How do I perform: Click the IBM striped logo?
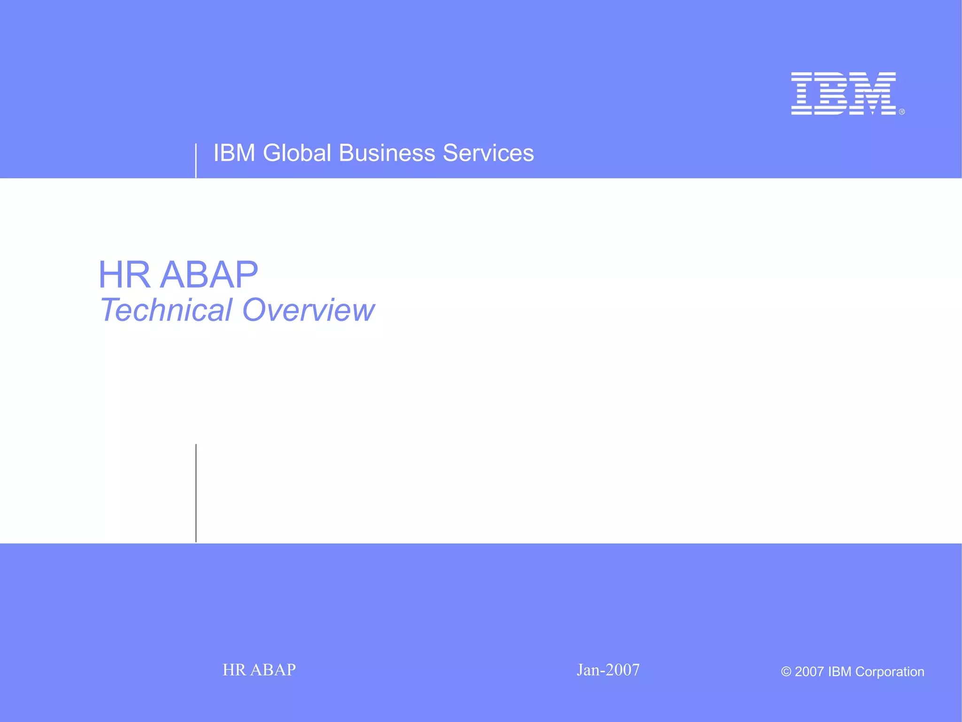click(844, 93)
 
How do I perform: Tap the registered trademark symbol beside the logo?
click(901, 112)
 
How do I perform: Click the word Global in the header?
click(297, 153)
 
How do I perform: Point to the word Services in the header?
click(488, 153)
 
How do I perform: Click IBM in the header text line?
click(234, 153)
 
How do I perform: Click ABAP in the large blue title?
click(209, 275)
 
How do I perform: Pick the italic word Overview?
click(308, 310)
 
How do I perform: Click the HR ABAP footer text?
click(259, 670)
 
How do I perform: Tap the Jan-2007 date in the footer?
click(608, 670)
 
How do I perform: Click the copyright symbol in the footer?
click(786, 672)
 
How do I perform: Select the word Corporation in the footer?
click(890, 672)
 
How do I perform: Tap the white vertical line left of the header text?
click(196, 161)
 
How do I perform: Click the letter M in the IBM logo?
click(876, 93)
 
